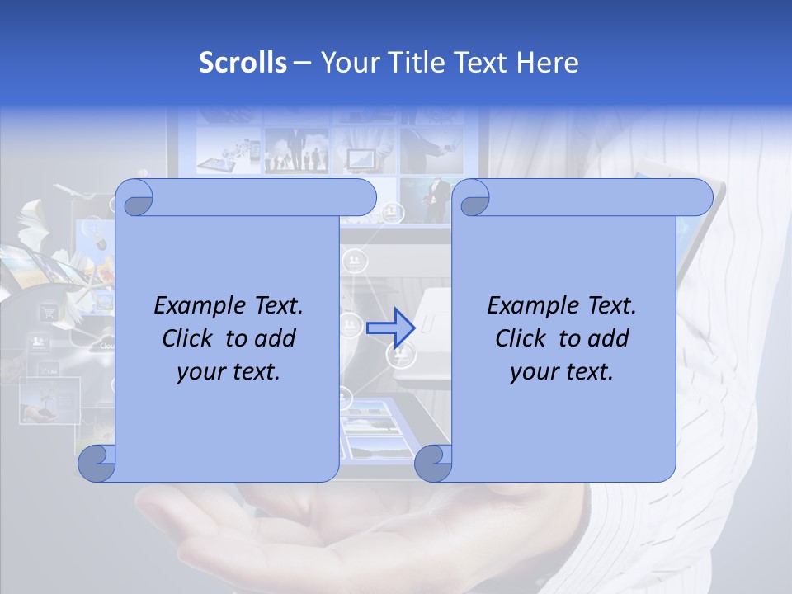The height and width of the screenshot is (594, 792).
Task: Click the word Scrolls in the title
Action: (x=243, y=63)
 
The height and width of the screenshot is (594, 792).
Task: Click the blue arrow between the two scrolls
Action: (x=390, y=328)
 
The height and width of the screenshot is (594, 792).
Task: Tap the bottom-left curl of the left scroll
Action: (x=97, y=464)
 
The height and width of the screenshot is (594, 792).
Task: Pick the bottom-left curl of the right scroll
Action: (x=433, y=464)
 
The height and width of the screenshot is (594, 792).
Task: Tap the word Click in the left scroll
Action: (x=189, y=338)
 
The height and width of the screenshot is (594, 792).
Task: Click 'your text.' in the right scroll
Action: (x=561, y=371)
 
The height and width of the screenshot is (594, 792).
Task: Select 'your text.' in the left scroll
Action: (x=229, y=371)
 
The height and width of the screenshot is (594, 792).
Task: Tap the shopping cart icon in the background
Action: (x=48, y=313)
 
